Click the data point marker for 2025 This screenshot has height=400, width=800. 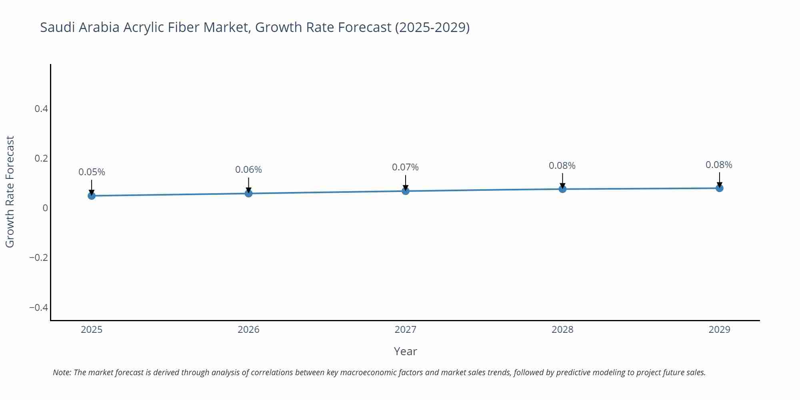point(92,196)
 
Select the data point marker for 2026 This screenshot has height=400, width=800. point(248,194)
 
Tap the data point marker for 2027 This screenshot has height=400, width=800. point(406,191)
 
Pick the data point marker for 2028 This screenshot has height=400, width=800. point(562,189)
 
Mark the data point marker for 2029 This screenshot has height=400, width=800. point(719,188)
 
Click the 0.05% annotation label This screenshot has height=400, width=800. point(92,172)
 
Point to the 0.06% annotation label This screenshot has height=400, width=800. point(248,170)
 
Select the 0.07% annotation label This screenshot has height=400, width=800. point(405,167)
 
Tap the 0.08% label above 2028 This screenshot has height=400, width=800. point(562,166)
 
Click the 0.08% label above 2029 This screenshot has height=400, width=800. point(719,165)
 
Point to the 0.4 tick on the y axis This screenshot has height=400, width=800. point(41,109)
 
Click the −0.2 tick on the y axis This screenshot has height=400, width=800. point(38,258)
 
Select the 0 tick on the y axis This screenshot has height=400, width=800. point(45,208)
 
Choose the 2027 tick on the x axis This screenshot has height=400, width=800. point(405,330)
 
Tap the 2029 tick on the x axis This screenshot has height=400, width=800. point(719,330)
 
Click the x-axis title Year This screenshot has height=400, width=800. point(405,351)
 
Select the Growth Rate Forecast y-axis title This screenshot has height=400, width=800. point(10,192)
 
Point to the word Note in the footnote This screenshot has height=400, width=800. point(62,372)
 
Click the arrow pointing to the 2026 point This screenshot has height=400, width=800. point(248,185)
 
